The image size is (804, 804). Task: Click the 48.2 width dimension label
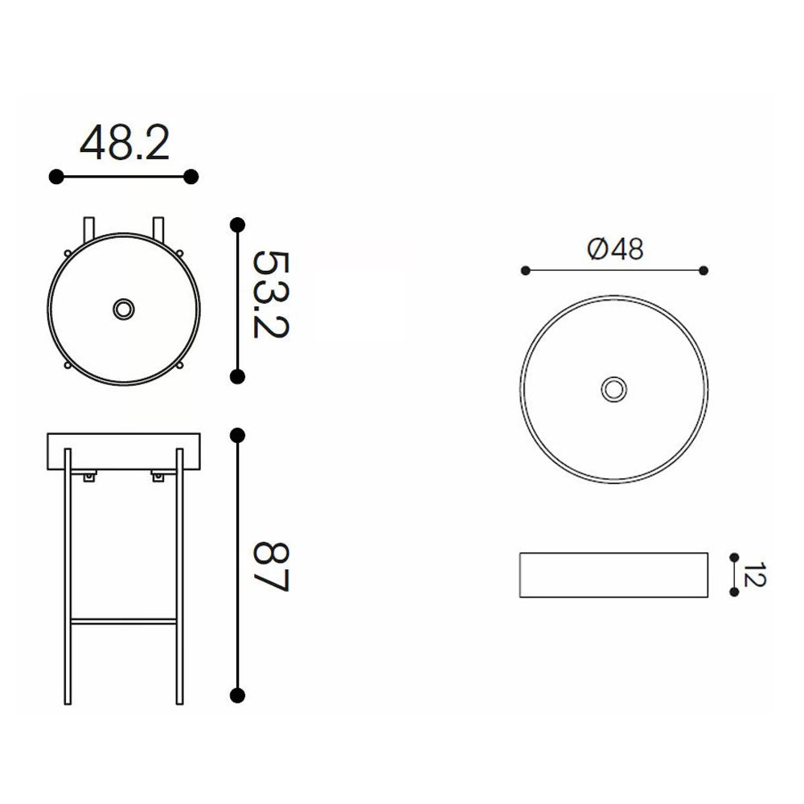(x=124, y=143)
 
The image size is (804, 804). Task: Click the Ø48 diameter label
(x=616, y=250)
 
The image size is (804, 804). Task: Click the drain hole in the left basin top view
(x=124, y=309)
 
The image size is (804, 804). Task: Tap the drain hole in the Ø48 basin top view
(x=614, y=389)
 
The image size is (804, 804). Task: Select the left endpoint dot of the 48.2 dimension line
(x=55, y=176)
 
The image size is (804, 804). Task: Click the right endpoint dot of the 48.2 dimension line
(x=191, y=176)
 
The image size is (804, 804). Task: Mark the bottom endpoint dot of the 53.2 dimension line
(x=237, y=375)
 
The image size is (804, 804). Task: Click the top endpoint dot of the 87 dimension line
(x=237, y=435)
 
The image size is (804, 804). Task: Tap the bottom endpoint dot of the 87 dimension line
(x=237, y=695)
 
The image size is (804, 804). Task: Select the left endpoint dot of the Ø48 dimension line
(x=526, y=270)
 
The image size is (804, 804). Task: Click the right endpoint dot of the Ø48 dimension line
(x=704, y=270)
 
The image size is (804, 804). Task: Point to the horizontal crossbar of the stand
(x=124, y=621)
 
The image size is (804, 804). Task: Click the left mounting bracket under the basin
(x=88, y=478)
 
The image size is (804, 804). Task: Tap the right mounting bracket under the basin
(x=158, y=478)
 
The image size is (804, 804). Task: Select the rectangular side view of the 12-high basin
(x=614, y=575)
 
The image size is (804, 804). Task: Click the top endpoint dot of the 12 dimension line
(x=733, y=556)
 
